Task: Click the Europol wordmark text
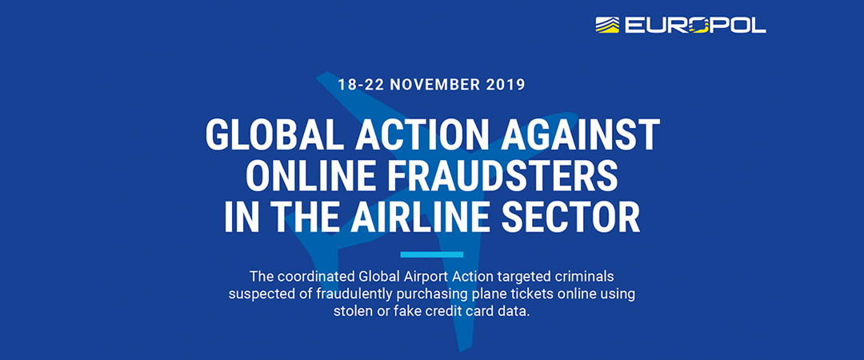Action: click(695, 25)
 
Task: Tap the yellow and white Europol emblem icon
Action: click(607, 25)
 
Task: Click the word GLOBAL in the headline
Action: click(275, 134)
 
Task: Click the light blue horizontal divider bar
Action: click(432, 254)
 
